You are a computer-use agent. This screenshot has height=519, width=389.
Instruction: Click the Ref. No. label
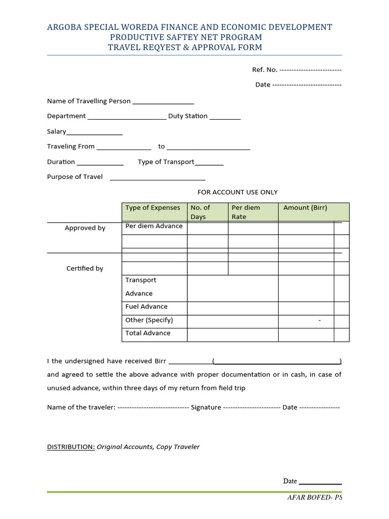coord(264,70)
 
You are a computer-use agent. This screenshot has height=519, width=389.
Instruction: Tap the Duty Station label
coord(188,116)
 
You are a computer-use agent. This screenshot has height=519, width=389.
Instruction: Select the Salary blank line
coord(94,133)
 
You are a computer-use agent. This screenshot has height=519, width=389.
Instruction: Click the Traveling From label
coord(71,146)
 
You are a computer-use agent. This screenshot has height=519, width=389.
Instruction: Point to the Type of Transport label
coord(166,162)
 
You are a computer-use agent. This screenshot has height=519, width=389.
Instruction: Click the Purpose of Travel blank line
coord(158,179)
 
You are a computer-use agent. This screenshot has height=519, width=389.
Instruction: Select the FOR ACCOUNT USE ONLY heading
coord(237,192)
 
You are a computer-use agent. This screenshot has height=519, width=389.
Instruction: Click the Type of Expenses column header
coord(152,208)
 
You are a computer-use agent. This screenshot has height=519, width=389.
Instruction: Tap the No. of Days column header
coord(200,212)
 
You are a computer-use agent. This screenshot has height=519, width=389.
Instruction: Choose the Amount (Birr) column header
coord(305,208)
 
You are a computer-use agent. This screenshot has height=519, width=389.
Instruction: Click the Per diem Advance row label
coord(154,226)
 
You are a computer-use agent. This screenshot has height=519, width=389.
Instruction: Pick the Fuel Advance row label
coord(146,307)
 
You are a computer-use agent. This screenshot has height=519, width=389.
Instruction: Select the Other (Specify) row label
coord(149,320)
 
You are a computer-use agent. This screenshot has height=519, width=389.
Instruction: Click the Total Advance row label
coord(148,333)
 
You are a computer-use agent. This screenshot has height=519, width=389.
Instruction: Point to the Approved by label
coord(85,228)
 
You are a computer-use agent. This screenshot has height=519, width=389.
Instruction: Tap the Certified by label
coord(85,269)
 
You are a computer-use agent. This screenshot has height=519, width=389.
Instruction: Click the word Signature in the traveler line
coord(206,407)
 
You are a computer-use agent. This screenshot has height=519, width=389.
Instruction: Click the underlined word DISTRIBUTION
coord(71,447)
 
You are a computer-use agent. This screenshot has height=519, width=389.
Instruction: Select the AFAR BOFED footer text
coord(315,498)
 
